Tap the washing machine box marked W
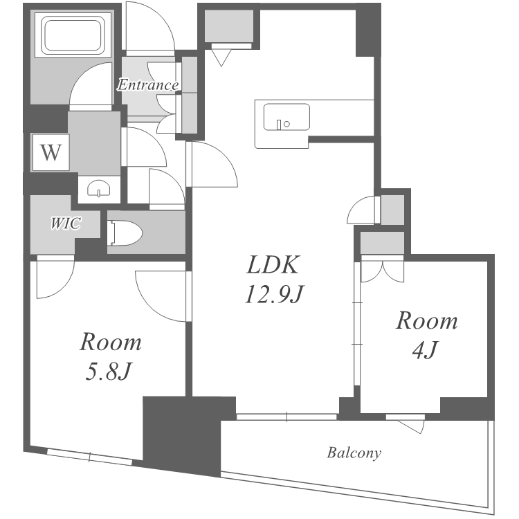click(x=51, y=153)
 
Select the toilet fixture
click(x=125, y=233)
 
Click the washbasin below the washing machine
click(x=99, y=190)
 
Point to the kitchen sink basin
click(x=286, y=117)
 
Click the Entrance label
click(x=148, y=85)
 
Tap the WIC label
click(x=65, y=223)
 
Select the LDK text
click(x=273, y=264)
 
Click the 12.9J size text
click(x=274, y=294)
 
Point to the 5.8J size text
click(x=109, y=371)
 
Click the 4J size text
click(x=426, y=349)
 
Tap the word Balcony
click(x=354, y=453)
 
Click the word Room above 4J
click(x=427, y=320)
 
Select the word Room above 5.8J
click(x=111, y=342)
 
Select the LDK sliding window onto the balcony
click(x=286, y=417)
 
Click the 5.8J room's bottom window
click(x=90, y=457)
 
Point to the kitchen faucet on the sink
click(x=279, y=125)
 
